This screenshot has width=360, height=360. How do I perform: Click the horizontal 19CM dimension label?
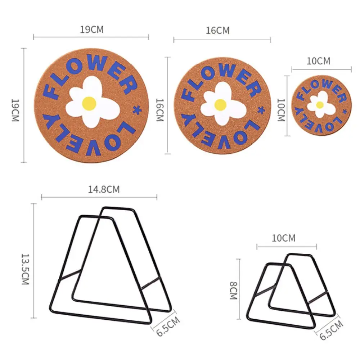click(x=92, y=30)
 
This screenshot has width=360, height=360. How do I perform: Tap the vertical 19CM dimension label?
click(x=15, y=110)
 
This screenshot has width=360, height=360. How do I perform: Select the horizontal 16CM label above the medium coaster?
click(x=218, y=31)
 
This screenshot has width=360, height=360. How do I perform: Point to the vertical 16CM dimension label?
click(x=160, y=110)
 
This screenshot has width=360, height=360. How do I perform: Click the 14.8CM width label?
click(x=104, y=189)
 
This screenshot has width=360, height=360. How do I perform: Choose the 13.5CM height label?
click(x=25, y=269)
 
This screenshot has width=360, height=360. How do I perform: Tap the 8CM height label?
click(x=234, y=291)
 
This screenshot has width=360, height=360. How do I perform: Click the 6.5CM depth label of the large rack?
click(x=168, y=327)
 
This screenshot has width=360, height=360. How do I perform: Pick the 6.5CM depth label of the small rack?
click(x=331, y=330)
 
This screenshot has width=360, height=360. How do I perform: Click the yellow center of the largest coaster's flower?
click(x=89, y=103)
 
